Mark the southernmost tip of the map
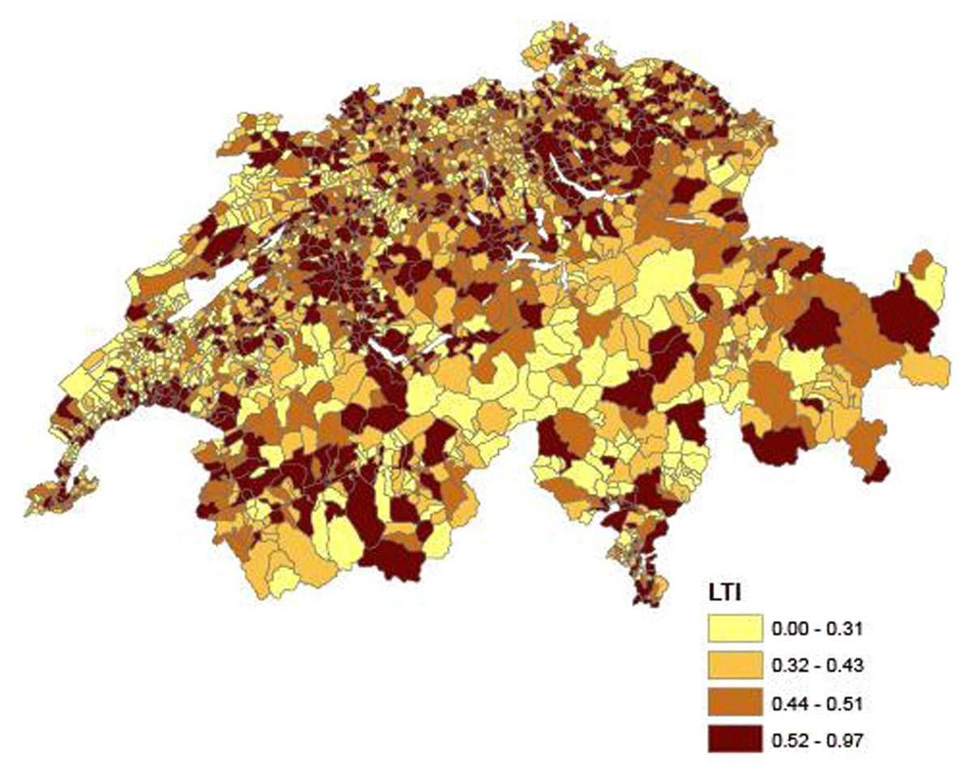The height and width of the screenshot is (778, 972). (x=640, y=605)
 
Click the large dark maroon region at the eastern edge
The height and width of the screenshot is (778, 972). (x=903, y=316)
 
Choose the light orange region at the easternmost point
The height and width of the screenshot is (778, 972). (x=926, y=369)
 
